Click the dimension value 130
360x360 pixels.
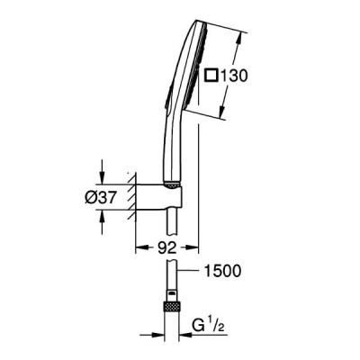(x=234, y=76)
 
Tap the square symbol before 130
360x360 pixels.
(x=211, y=75)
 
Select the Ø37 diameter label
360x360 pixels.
(x=100, y=198)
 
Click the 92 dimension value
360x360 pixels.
(x=166, y=247)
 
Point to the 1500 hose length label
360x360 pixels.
(x=222, y=271)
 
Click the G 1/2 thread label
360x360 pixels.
(x=209, y=325)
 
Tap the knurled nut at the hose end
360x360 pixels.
(x=171, y=307)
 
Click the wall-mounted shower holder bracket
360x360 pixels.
(x=159, y=197)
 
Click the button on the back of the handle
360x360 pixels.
(x=167, y=96)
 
